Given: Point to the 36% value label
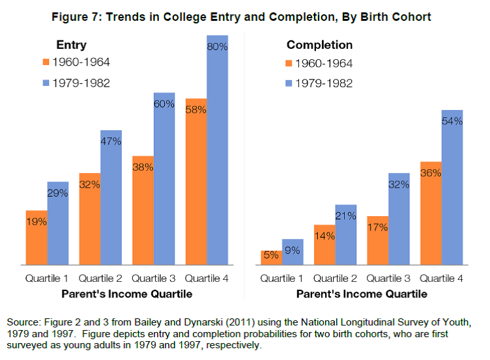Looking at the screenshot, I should click(x=431, y=173).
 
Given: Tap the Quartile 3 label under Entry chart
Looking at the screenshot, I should click(x=154, y=279).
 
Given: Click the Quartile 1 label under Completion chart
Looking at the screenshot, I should click(x=282, y=279).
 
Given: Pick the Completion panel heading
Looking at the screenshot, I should click(x=319, y=46).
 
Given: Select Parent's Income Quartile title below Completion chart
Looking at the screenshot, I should click(x=362, y=294).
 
